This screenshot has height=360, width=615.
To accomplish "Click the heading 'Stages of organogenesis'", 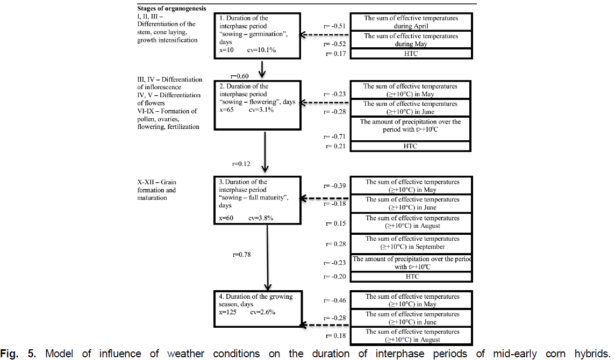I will (x=171, y=9).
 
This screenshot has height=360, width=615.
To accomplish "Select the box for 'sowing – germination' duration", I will (x=257, y=35).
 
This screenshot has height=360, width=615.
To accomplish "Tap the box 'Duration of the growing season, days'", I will (x=257, y=308).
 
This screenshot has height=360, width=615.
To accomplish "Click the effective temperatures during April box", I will (x=411, y=22).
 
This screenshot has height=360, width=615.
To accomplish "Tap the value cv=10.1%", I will (x=262, y=49).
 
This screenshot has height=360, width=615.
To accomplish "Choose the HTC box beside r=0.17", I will (x=411, y=54).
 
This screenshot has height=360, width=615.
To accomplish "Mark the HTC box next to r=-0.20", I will (x=411, y=277).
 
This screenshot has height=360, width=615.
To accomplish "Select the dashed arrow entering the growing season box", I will (x=325, y=325).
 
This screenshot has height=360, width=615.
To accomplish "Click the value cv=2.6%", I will (x=262, y=312).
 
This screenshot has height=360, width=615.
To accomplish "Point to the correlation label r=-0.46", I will (x=335, y=300).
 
